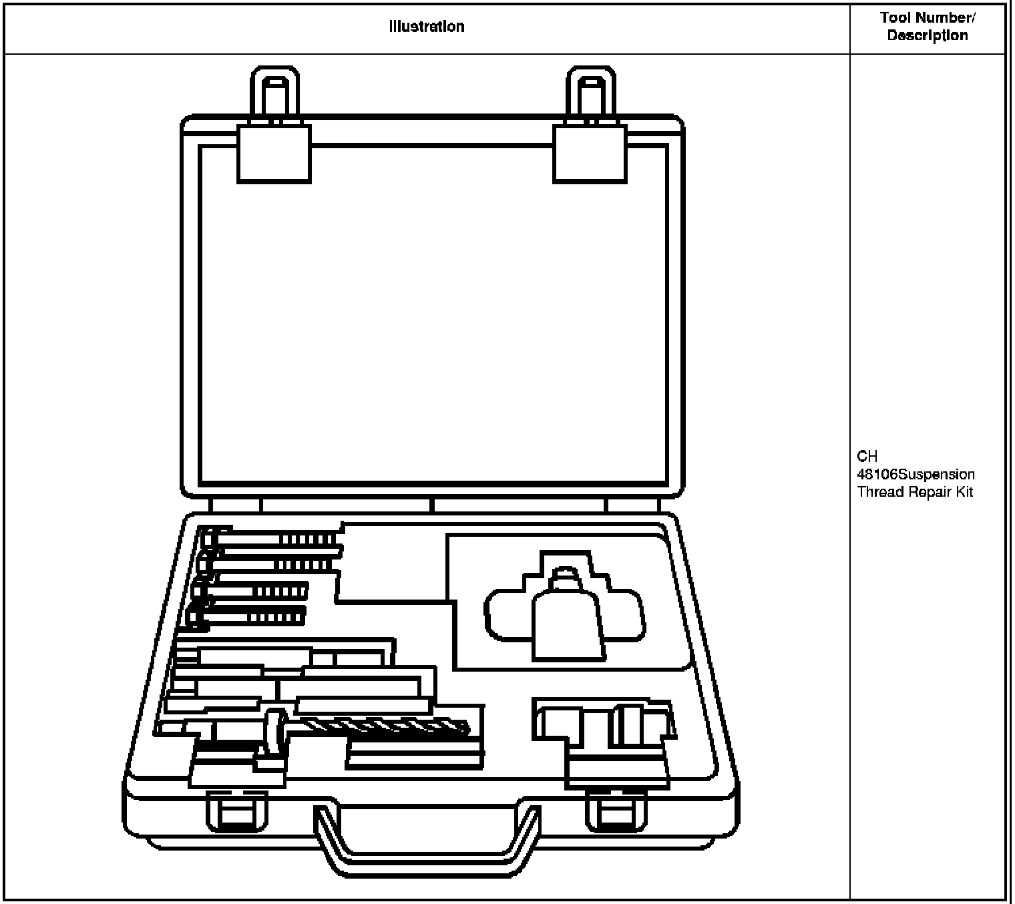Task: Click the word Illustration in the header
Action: pos(427,27)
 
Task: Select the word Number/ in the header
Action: pos(948,18)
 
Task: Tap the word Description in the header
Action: pos(927,35)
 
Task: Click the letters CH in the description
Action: pos(867,457)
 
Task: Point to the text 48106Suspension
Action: pos(916,475)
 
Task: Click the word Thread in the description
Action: pos(878,492)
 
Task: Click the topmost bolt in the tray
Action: pos(274,538)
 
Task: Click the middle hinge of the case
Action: pos(432,505)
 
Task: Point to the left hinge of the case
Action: pos(234,505)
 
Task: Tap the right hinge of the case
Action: pos(632,505)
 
